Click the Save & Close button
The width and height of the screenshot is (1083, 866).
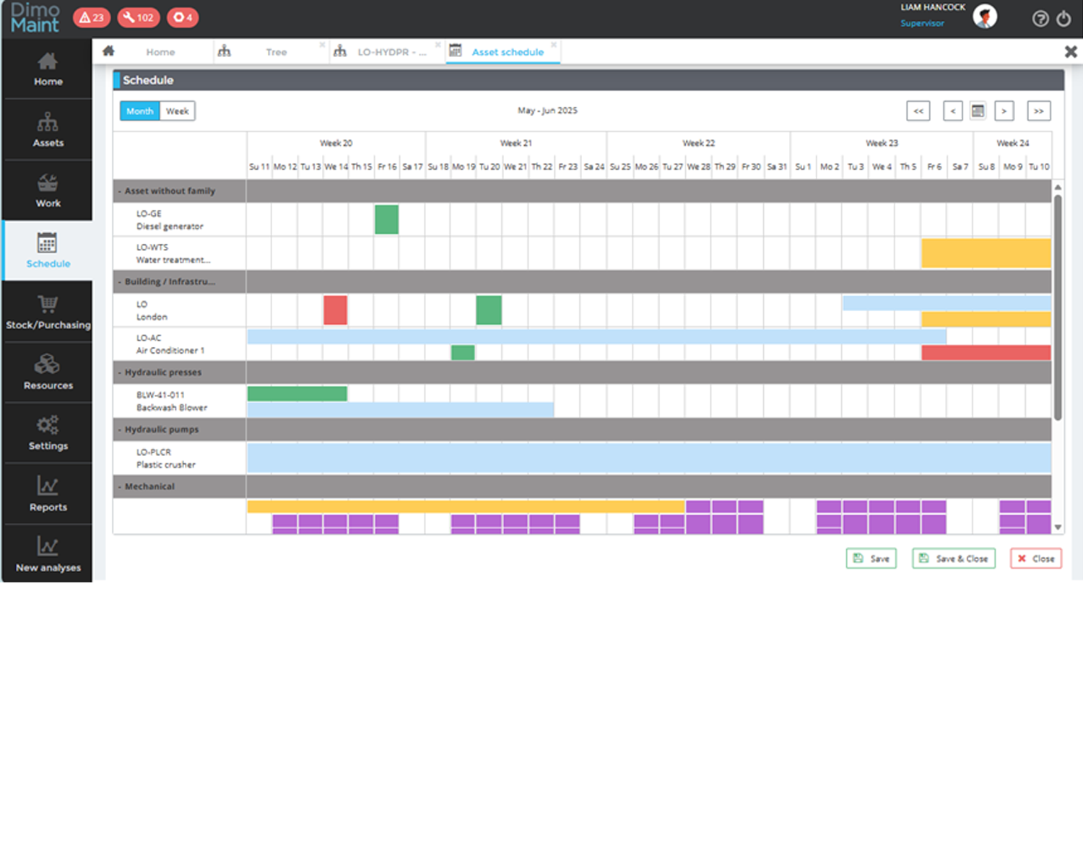953,559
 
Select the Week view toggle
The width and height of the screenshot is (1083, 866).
177,111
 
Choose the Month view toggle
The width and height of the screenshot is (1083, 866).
139,111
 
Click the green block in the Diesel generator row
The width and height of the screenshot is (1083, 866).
386,219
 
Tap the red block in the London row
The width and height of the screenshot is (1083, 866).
335,310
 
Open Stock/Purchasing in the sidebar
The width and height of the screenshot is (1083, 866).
48,312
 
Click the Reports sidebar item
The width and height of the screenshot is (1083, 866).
48,494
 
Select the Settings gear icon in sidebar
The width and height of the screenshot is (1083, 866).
48,425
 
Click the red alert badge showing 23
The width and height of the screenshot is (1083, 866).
92,17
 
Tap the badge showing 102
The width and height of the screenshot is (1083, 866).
138,17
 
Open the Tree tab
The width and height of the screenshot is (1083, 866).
276,52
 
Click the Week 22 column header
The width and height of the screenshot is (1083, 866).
698,143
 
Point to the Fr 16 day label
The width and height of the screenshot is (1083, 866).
387,167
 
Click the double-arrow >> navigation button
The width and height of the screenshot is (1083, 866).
1038,111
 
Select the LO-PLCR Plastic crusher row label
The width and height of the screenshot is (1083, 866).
165,458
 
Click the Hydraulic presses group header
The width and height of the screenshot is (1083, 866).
163,372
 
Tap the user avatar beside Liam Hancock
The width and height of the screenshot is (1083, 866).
985,17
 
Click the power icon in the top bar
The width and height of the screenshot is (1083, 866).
1064,19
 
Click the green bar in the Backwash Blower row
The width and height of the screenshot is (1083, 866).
297,393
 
